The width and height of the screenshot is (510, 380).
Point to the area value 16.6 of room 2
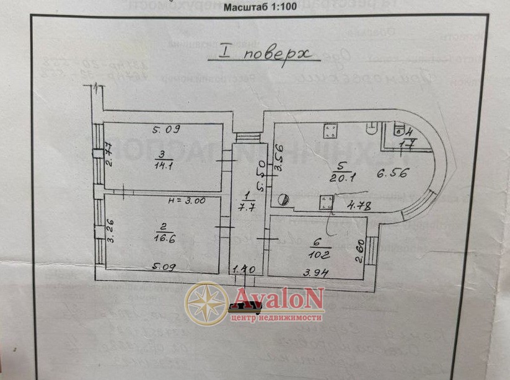pos(162,236)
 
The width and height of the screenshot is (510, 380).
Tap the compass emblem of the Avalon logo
pos(208,303)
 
